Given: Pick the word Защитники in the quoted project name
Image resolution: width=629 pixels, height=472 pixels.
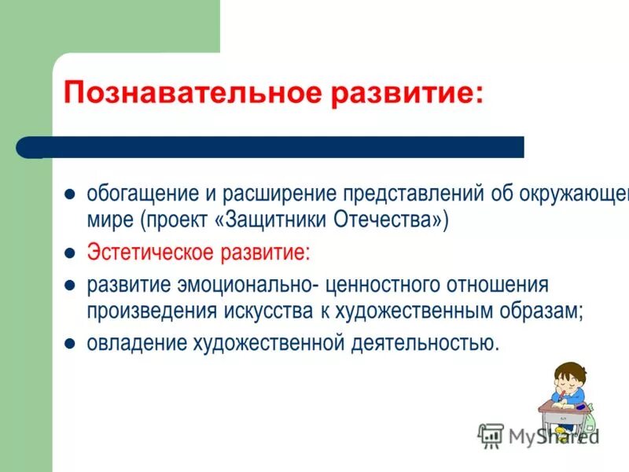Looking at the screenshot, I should click(276, 220).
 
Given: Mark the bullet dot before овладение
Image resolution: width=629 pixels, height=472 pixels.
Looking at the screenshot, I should click(69, 344).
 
